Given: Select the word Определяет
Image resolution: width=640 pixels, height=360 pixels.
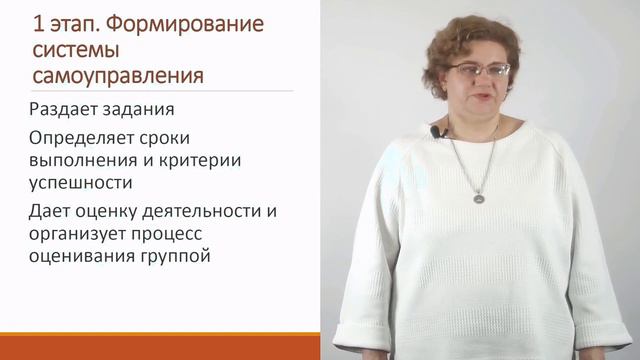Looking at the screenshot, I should tap(85, 138).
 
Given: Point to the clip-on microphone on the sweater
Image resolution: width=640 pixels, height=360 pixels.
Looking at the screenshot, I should tap(434, 131).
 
